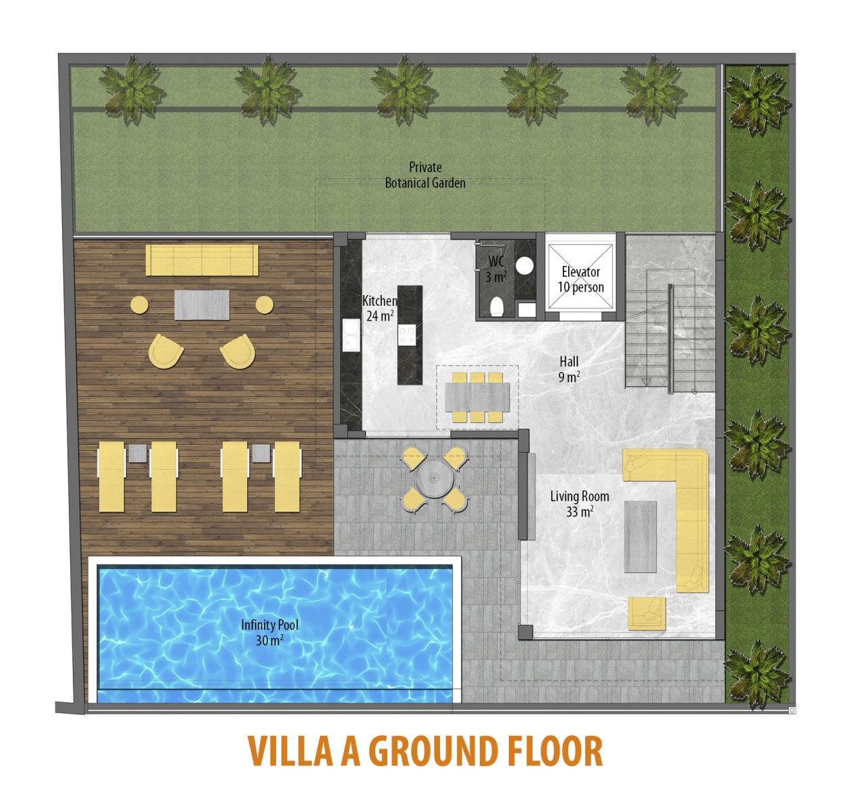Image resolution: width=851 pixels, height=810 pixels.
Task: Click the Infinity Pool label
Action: coord(270,632)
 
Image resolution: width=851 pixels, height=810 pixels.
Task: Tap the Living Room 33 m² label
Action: coord(579,504)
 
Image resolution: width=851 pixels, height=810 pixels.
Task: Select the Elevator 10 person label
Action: coord(580,279)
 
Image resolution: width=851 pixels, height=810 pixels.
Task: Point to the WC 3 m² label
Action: coord(496,269)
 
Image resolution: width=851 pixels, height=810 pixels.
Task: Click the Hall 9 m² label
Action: coord(569,369)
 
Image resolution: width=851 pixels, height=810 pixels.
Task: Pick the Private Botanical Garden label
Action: coord(425,175)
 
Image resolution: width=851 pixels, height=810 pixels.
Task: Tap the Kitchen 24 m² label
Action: coord(379,308)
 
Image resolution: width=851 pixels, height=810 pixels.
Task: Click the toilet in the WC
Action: coord(497,306)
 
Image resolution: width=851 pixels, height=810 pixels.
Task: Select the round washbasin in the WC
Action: coord(524,265)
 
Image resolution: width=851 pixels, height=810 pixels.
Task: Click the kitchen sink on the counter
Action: coord(351,335)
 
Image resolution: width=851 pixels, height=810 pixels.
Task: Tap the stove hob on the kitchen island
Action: coord(407,335)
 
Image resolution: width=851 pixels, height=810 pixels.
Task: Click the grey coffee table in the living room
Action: coord(640,537)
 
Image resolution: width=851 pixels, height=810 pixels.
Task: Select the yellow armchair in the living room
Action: coord(647,614)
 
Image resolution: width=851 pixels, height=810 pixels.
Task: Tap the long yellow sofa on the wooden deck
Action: coord(202,260)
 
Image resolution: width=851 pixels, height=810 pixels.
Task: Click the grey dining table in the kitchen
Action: coord(477,397)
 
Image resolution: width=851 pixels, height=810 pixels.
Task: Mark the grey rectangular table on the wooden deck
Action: coord(202,305)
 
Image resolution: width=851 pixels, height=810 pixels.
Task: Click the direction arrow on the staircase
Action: coord(647,382)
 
